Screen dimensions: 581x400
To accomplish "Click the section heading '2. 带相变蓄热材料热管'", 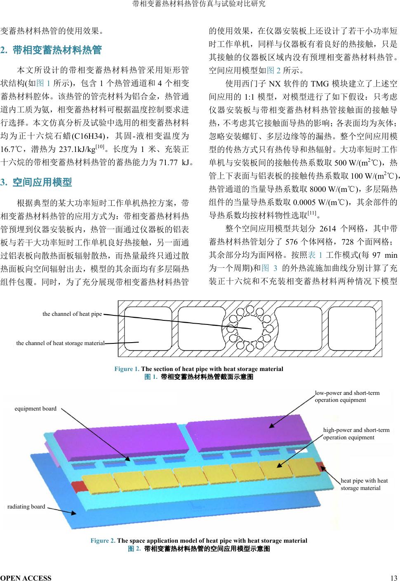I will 51,51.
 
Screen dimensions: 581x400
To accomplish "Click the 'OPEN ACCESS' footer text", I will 26,578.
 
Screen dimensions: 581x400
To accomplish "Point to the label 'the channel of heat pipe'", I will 72,314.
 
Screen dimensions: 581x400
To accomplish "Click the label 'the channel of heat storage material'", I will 60,343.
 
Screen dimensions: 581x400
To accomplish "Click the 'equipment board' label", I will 35,408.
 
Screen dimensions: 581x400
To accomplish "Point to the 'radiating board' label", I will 26,506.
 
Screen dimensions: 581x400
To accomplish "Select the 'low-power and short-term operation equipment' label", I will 347,396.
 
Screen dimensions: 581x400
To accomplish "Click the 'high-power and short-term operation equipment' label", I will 356,434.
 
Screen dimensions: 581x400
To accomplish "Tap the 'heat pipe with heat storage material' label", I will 364,484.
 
